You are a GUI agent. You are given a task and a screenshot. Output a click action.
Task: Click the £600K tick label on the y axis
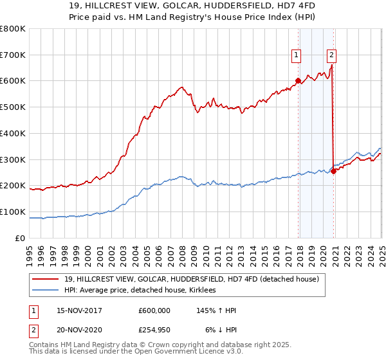pyautogui.click(x=13, y=81)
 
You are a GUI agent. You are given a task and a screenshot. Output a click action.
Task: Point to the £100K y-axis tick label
pyautogui.click(x=13, y=212)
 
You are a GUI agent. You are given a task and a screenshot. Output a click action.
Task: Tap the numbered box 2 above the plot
pyautogui.click(x=332, y=55)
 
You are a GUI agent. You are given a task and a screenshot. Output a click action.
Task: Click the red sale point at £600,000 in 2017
pyautogui.click(x=298, y=81)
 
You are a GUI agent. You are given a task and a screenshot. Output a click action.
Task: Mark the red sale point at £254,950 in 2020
pyautogui.click(x=334, y=171)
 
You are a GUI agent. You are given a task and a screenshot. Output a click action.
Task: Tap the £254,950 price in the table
pyautogui.click(x=155, y=330)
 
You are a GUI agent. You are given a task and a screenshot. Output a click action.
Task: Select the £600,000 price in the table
pyautogui.click(x=155, y=310)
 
